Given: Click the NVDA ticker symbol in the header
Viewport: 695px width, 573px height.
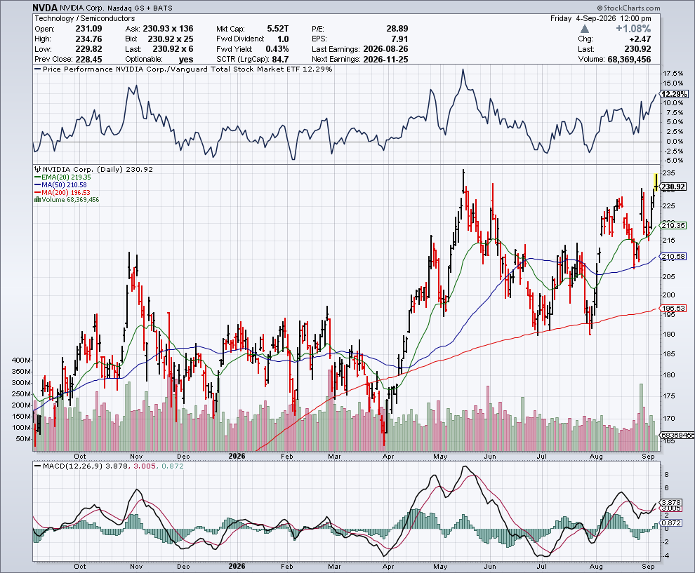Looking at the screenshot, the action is (x=45, y=8).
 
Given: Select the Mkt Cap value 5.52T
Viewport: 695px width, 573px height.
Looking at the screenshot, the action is (x=278, y=29).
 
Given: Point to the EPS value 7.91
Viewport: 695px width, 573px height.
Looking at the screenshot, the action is (x=400, y=39).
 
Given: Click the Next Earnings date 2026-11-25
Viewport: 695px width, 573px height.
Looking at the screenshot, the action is (x=385, y=60).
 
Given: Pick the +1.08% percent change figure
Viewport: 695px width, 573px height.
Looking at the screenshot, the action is (x=633, y=29).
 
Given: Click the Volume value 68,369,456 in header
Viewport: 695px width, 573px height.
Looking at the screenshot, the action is (x=630, y=60).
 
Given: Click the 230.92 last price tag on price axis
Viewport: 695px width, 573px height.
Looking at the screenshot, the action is (x=673, y=187).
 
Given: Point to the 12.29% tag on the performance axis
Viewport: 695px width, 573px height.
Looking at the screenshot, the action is (x=674, y=94).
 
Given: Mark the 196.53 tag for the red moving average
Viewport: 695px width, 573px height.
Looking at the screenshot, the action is (x=673, y=308).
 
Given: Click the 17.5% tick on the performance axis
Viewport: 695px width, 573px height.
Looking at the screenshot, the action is (x=673, y=74).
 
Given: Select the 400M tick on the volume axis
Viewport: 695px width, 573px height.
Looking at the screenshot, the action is (x=21, y=360).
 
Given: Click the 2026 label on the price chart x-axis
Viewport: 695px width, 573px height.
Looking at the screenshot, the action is (x=237, y=456).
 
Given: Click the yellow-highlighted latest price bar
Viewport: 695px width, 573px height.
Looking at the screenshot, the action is (x=656, y=182).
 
